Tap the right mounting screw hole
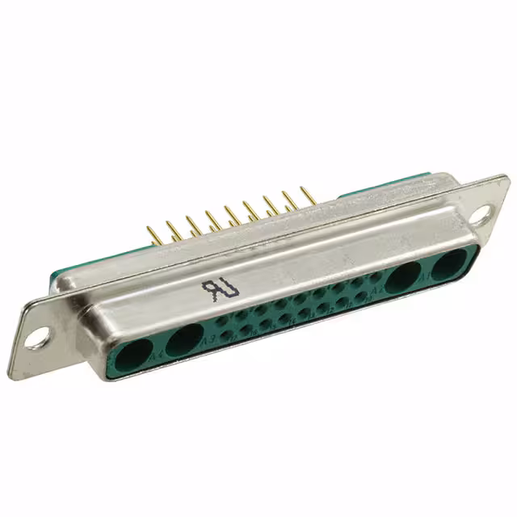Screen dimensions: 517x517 coord(481,216)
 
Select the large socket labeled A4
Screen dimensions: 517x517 coord(134,352)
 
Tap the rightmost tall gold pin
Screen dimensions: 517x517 coord(307,194)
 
